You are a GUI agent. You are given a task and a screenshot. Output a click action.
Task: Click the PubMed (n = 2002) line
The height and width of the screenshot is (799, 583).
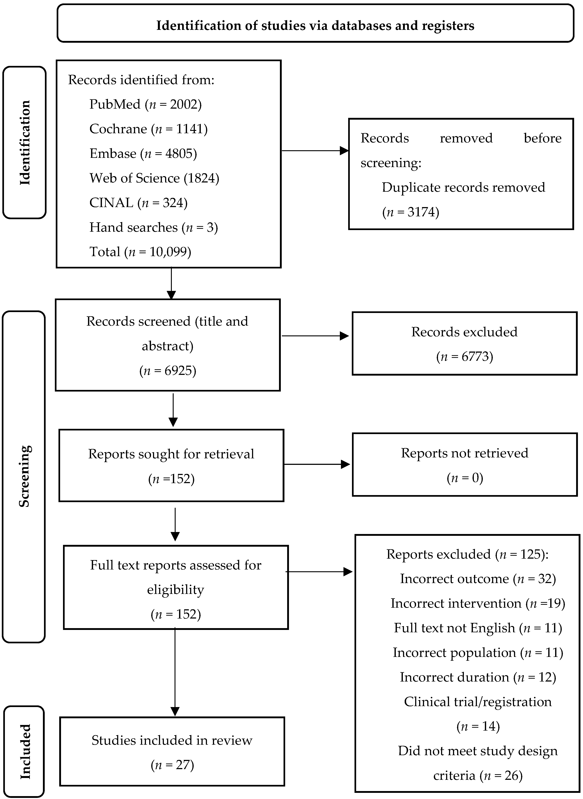(x=145, y=104)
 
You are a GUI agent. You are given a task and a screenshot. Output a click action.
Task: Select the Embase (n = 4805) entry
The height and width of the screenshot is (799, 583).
(x=143, y=154)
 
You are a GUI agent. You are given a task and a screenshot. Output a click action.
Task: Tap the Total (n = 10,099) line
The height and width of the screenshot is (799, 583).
(x=140, y=252)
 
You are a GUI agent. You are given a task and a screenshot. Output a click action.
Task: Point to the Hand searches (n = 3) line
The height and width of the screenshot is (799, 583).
(x=154, y=228)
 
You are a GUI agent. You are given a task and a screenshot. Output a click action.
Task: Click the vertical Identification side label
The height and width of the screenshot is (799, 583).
(x=25, y=142)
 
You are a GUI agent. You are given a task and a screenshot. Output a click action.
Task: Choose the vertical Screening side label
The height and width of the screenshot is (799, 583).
(x=24, y=476)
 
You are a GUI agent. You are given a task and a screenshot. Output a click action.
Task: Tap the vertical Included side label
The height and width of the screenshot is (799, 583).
(x=25, y=751)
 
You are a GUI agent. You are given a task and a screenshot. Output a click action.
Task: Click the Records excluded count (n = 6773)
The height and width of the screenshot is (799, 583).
(x=464, y=357)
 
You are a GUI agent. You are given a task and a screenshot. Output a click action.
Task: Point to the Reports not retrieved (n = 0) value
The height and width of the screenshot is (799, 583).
(x=465, y=478)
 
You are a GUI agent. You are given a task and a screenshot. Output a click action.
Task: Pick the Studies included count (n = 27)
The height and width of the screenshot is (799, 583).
(x=172, y=765)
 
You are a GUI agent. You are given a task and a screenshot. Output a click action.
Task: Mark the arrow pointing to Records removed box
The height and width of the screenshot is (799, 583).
(x=315, y=151)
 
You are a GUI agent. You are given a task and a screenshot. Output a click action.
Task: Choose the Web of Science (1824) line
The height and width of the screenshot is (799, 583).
(x=154, y=178)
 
